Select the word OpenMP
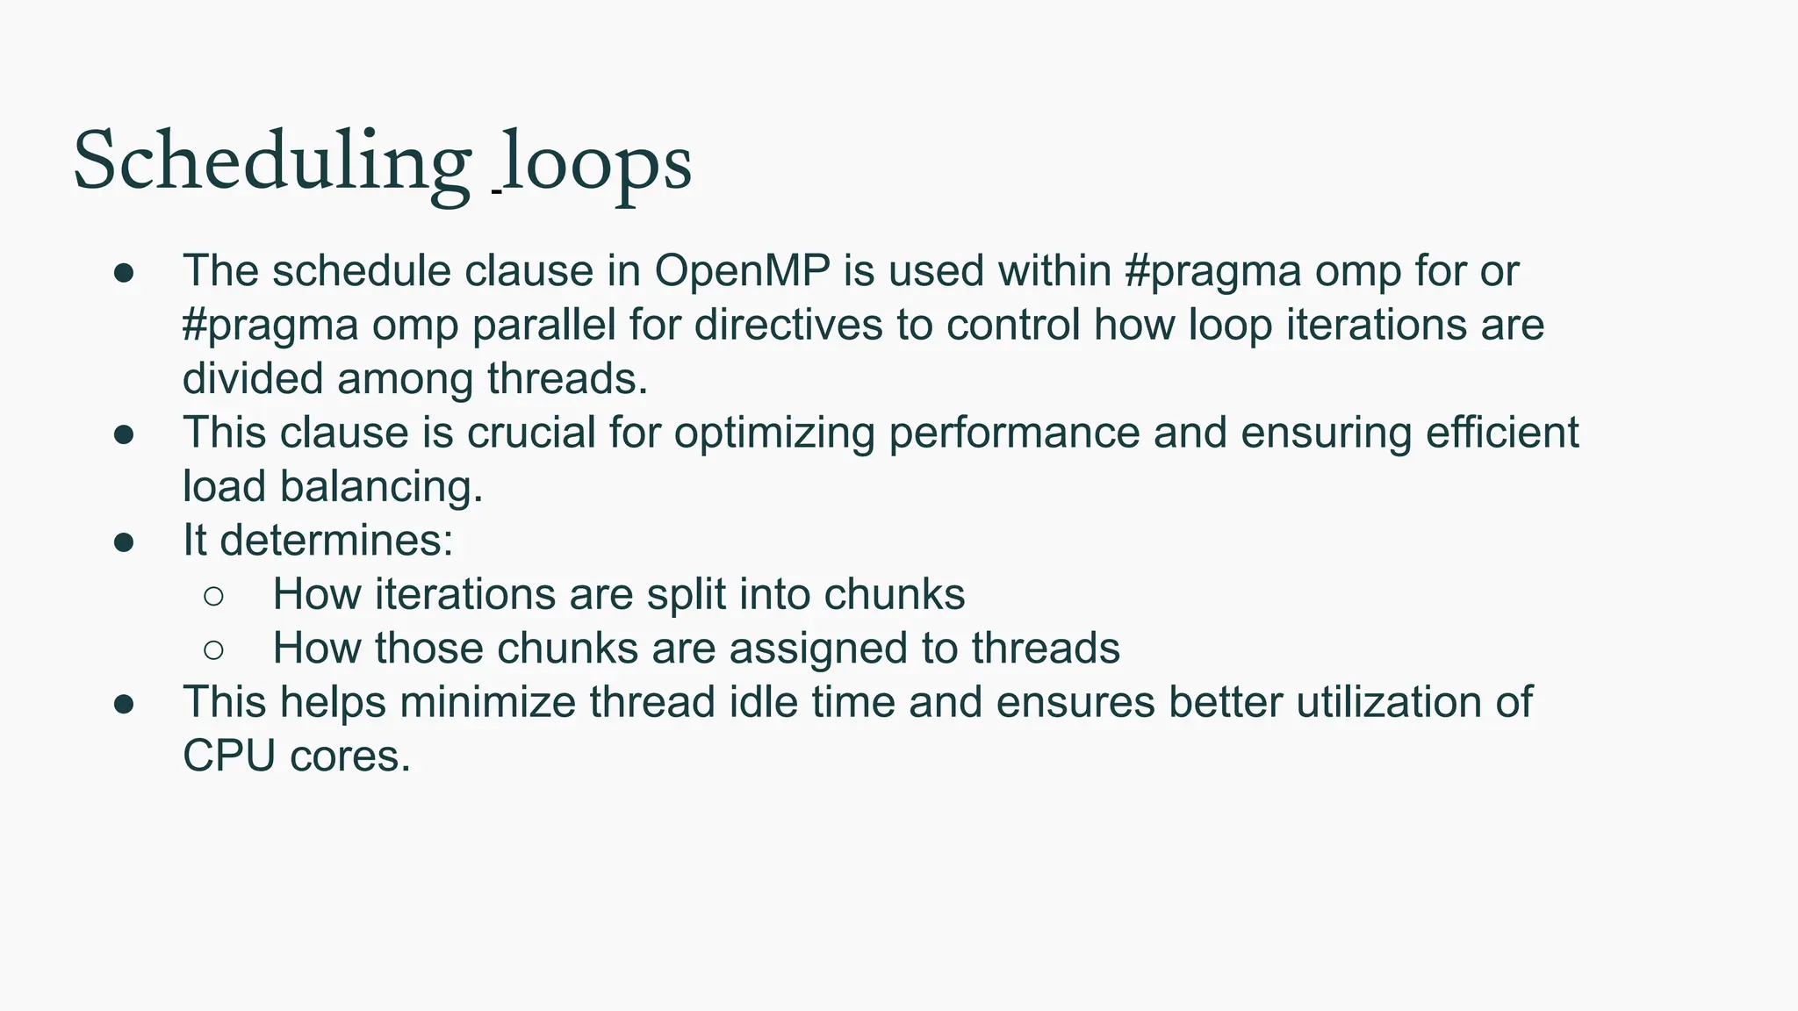[x=742, y=271]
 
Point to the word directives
[x=788, y=326]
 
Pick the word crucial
[x=531, y=434]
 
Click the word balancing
[x=381, y=487]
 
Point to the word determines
[x=336, y=541]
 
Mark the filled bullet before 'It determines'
[x=124, y=542]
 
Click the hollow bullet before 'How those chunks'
[x=213, y=650]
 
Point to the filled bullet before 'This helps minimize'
[x=124, y=705]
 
